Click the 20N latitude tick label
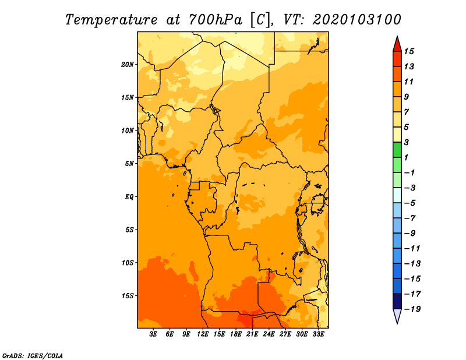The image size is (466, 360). (x=128, y=65)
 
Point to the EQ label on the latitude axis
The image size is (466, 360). (x=129, y=197)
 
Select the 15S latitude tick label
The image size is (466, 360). (x=128, y=296)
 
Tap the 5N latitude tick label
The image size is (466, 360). (x=129, y=164)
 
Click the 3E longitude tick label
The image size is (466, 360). (x=153, y=334)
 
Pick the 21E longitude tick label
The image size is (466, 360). (x=252, y=334)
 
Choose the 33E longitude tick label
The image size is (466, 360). (x=318, y=334)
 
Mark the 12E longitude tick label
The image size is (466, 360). (x=203, y=334)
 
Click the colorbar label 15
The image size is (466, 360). (x=409, y=51)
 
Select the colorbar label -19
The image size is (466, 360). (x=412, y=309)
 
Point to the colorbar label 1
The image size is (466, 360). (x=406, y=157)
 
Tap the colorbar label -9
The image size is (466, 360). (x=410, y=234)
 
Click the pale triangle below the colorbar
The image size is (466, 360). (x=397, y=315)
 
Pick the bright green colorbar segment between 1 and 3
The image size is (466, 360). (x=397, y=150)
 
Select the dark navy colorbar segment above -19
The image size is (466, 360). (x=397, y=301)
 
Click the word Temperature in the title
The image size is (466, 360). (x=111, y=20)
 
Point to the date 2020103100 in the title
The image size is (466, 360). (x=357, y=20)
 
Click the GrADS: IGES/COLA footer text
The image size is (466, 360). (x=33, y=355)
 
